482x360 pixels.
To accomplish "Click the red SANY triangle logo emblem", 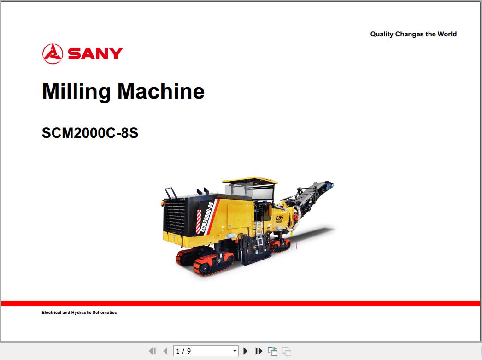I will pos(52,53).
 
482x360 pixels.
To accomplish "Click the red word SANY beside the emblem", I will pos(95,53).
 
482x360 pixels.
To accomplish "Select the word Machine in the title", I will pos(161,91).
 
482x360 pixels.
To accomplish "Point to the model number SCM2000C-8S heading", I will pos(90,133).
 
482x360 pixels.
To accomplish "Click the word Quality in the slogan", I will pos(382,34).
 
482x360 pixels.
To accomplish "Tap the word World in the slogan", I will pos(447,34).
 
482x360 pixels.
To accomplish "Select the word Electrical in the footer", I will pos(51,313).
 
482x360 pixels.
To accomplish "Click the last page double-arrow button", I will pos(259,351).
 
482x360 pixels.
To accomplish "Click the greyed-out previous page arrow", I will pos(165,351).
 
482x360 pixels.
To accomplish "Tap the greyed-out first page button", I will pos(153,351).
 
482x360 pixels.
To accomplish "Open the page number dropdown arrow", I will pos(235,351).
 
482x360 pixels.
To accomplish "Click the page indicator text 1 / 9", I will pos(183,351).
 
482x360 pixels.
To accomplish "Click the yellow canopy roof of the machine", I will pos(249,180).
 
